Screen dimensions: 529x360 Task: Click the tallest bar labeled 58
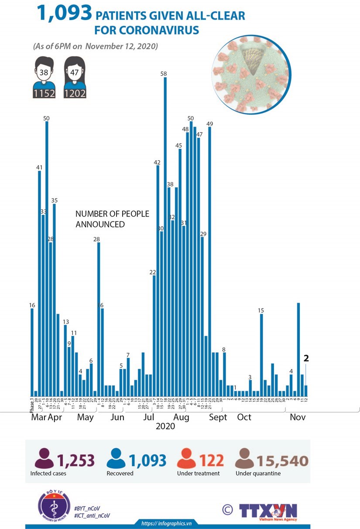[x=165, y=236]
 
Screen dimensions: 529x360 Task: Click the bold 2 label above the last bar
[x=306, y=358]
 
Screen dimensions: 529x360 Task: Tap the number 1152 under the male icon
[x=44, y=93]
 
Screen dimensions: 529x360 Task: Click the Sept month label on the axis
[x=218, y=417]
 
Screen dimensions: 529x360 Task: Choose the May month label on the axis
[x=86, y=417]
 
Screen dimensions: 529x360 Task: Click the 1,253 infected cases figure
[x=75, y=460]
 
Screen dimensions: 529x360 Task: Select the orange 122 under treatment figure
[x=211, y=460]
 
